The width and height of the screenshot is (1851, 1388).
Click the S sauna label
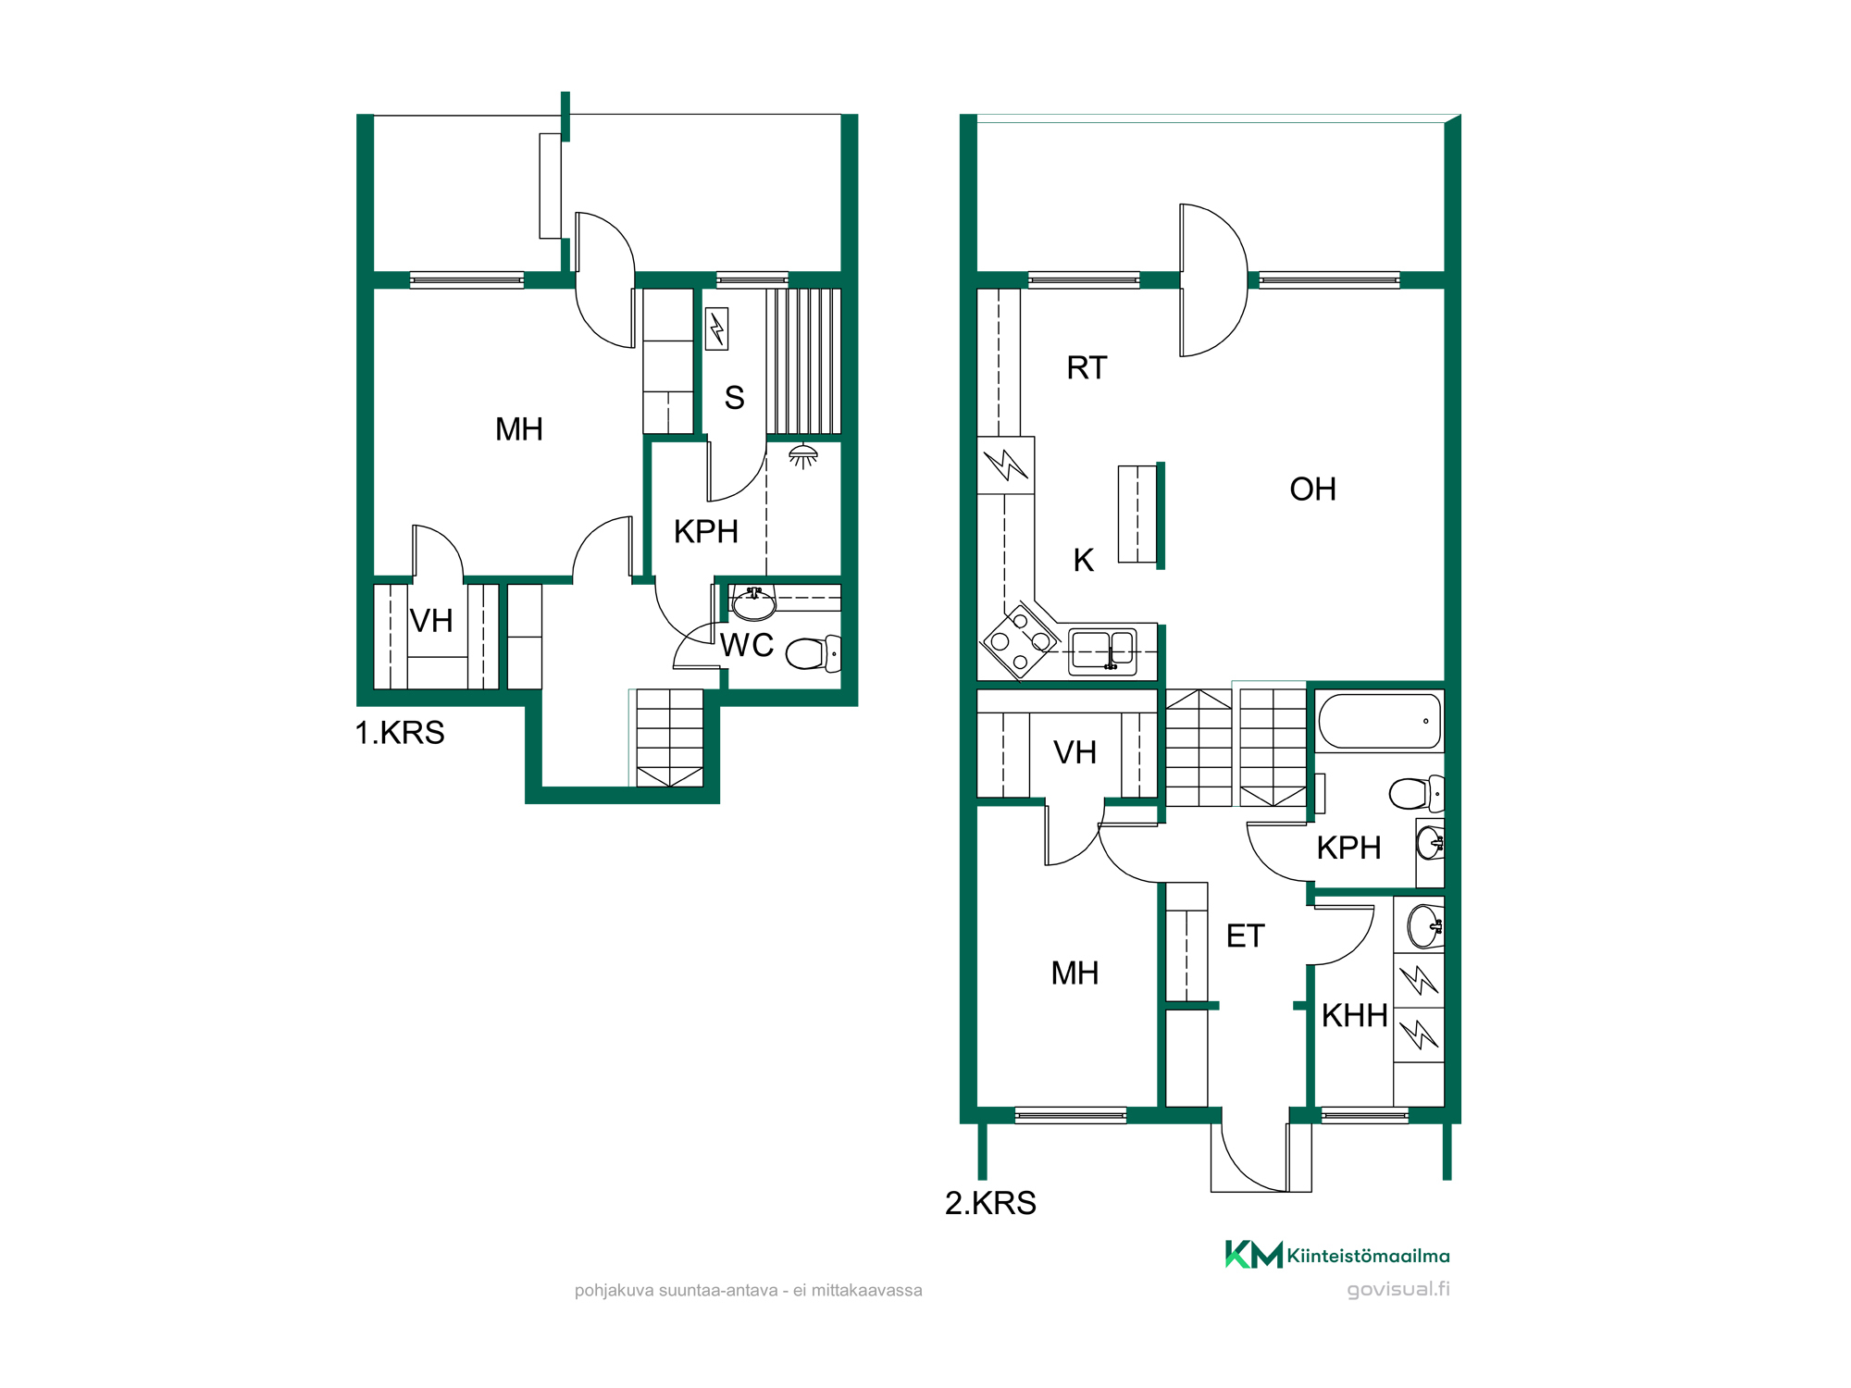[x=734, y=398]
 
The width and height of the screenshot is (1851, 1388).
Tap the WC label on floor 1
[x=747, y=645]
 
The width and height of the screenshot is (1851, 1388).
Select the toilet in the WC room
[x=814, y=653]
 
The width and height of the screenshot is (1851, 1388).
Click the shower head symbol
[x=802, y=455]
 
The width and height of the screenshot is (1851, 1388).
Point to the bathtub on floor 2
[x=1379, y=721]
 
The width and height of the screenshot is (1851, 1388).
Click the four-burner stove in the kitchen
[x=1020, y=641]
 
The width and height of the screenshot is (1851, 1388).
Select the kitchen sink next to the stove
[x=1102, y=651]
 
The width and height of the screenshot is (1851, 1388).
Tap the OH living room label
[x=1312, y=490]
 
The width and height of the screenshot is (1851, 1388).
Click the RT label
[x=1087, y=368]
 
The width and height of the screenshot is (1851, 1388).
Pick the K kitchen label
[x=1084, y=561]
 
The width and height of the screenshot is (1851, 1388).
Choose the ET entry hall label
[x=1245, y=936]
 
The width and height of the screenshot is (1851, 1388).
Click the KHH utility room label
[x=1354, y=1016]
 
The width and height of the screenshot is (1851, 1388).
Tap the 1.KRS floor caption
[x=400, y=733]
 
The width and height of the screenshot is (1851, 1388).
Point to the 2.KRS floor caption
[x=990, y=1203]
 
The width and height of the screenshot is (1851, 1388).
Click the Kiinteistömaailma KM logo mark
[x=1254, y=1255]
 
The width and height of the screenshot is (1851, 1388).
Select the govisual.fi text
[x=1398, y=1289]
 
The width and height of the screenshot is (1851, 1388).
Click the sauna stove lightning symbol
[x=716, y=328]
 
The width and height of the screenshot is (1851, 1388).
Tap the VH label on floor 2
[x=1075, y=753]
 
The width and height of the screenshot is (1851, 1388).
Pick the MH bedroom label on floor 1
[x=519, y=429]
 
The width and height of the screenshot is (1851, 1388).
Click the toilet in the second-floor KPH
[x=1416, y=793]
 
